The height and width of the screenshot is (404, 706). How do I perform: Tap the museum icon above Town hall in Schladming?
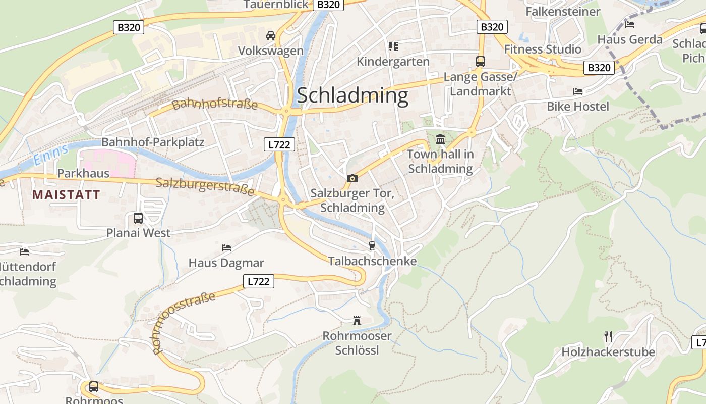(x=440, y=139)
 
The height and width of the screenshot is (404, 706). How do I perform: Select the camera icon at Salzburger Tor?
(x=352, y=178)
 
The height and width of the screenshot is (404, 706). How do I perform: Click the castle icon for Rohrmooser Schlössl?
(x=357, y=320)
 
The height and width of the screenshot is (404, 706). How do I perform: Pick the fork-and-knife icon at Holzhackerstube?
(x=608, y=336)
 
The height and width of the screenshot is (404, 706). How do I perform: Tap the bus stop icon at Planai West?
(x=138, y=218)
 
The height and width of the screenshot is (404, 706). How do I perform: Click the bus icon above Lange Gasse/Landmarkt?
(x=480, y=62)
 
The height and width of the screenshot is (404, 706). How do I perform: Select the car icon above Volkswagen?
(x=271, y=35)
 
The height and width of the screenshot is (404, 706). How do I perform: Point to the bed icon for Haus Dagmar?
(x=226, y=247)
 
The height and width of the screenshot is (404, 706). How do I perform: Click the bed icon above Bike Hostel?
(x=578, y=91)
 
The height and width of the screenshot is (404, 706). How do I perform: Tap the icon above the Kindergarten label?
(x=393, y=46)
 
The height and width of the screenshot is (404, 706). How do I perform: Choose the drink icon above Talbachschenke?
(x=372, y=245)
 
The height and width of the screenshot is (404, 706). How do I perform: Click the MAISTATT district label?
(x=66, y=194)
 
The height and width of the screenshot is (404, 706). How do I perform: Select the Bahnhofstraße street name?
(x=215, y=105)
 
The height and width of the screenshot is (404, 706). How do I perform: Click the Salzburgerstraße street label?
(x=205, y=186)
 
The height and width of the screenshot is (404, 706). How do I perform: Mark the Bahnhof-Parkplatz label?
(x=153, y=142)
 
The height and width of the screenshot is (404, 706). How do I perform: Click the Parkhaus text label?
(x=83, y=173)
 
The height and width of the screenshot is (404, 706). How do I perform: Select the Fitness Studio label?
(x=543, y=49)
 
